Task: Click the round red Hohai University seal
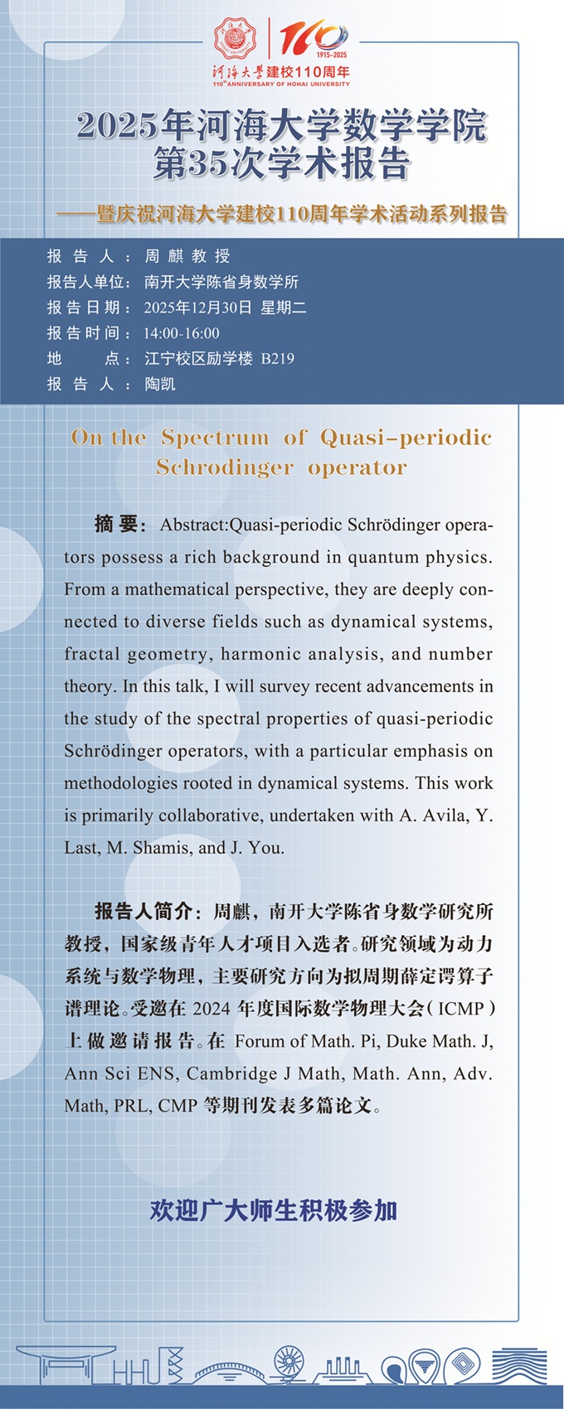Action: pos(236,39)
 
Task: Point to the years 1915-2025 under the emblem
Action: pos(332,54)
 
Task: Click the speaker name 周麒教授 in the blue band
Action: pos(187,256)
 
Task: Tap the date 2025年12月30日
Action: pos(197,307)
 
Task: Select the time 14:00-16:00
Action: pos(182,333)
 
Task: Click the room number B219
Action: pos(277,359)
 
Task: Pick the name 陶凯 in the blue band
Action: pos(160,385)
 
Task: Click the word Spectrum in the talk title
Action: pos(215,438)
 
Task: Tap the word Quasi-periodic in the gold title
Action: pos(406,438)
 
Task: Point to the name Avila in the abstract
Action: pos(445,816)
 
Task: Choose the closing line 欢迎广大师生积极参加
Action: pos(274,1211)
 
